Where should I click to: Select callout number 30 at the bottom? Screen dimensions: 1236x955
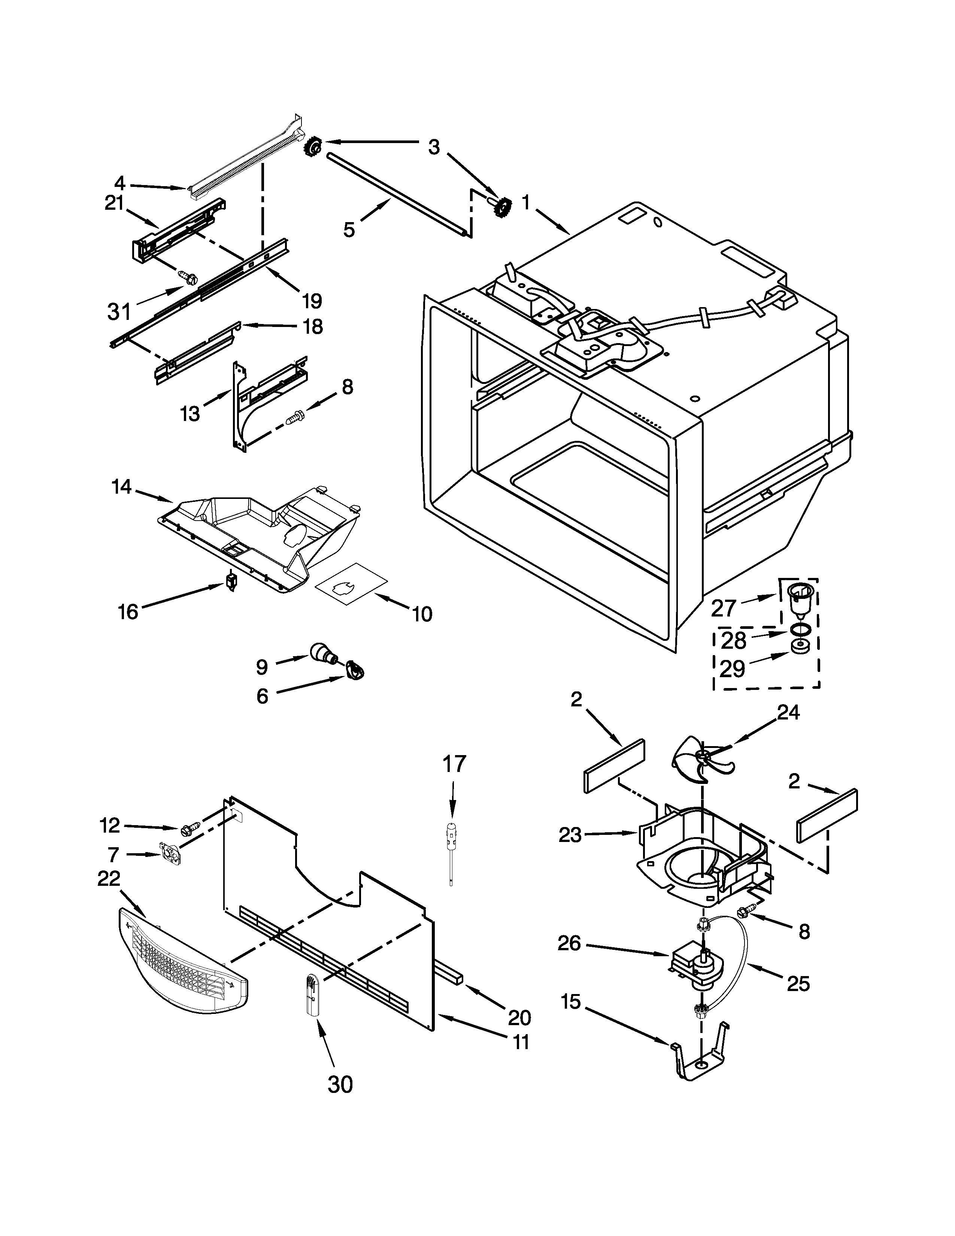340,1084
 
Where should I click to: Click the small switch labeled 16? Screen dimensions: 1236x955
231,582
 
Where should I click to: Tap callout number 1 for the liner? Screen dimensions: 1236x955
525,202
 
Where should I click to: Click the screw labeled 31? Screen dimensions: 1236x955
187,277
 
